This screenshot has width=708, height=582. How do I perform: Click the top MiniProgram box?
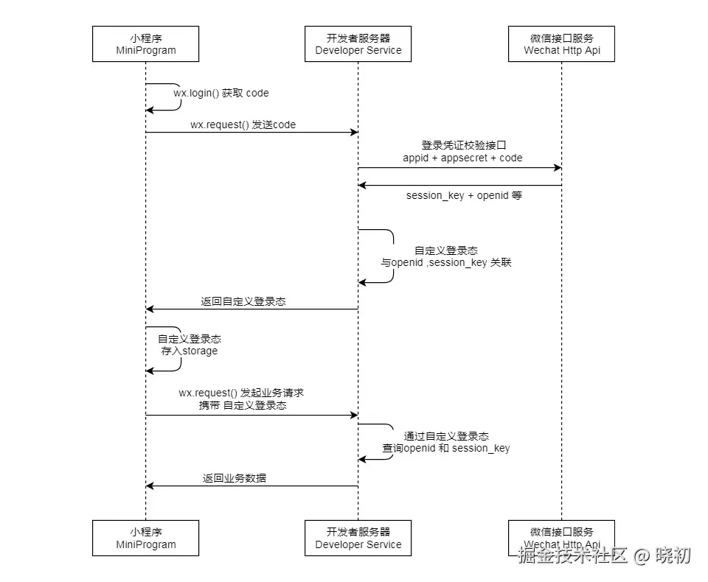pyautogui.click(x=145, y=43)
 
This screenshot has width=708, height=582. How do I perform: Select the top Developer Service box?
pyautogui.click(x=358, y=43)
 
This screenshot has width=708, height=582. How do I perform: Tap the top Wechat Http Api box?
pyautogui.click(x=561, y=43)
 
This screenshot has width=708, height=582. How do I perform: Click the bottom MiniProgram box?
pyautogui.click(x=145, y=538)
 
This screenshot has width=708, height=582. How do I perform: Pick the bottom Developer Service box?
pyautogui.click(x=358, y=538)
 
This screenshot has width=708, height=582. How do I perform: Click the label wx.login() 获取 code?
pyautogui.click(x=221, y=93)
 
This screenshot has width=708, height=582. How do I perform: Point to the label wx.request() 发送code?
pyautogui.click(x=243, y=125)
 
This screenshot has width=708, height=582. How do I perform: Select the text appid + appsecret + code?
pyautogui.click(x=462, y=158)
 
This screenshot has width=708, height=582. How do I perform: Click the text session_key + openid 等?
pyautogui.click(x=464, y=196)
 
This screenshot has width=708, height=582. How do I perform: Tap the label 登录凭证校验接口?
pyautogui.click(x=462, y=145)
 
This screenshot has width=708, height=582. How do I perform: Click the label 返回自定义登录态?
pyautogui.click(x=243, y=302)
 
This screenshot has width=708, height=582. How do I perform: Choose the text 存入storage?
pyautogui.click(x=190, y=351)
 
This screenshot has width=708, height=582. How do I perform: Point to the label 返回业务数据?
pyautogui.click(x=235, y=478)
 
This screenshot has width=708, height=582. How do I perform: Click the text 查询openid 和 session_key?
pyautogui.click(x=445, y=448)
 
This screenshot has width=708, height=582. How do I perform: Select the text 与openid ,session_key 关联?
pyautogui.click(x=445, y=263)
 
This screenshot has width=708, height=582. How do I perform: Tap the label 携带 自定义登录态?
pyautogui.click(x=243, y=405)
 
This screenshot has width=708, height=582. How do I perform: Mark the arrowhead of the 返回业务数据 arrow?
pyautogui.click(x=150, y=486)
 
